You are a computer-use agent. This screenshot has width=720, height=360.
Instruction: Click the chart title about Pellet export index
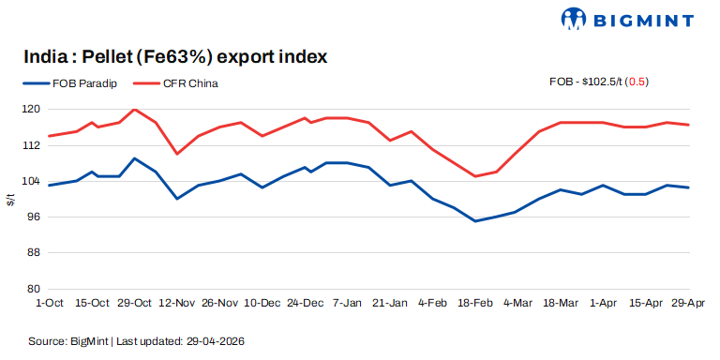[x=175, y=57]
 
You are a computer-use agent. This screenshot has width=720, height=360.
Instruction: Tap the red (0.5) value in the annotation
[x=637, y=82]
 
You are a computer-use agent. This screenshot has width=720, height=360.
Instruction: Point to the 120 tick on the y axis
[x=32, y=110]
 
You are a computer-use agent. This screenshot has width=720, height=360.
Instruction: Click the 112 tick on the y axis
[x=32, y=145]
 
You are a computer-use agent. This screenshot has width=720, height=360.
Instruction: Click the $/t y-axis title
[x=10, y=199]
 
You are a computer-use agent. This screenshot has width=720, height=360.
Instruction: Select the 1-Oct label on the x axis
[x=49, y=304]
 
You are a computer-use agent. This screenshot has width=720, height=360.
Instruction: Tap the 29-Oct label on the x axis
[x=135, y=304]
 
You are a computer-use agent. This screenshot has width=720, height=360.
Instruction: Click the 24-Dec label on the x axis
[x=306, y=304]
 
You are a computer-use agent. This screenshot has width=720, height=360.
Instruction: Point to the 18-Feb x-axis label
[x=475, y=304]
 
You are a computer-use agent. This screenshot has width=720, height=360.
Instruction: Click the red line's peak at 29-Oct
[x=135, y=110]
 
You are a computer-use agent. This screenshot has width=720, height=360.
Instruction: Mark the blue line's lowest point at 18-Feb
[x=475, y=221]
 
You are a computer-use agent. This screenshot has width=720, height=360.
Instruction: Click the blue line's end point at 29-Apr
[x=689, y=187]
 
